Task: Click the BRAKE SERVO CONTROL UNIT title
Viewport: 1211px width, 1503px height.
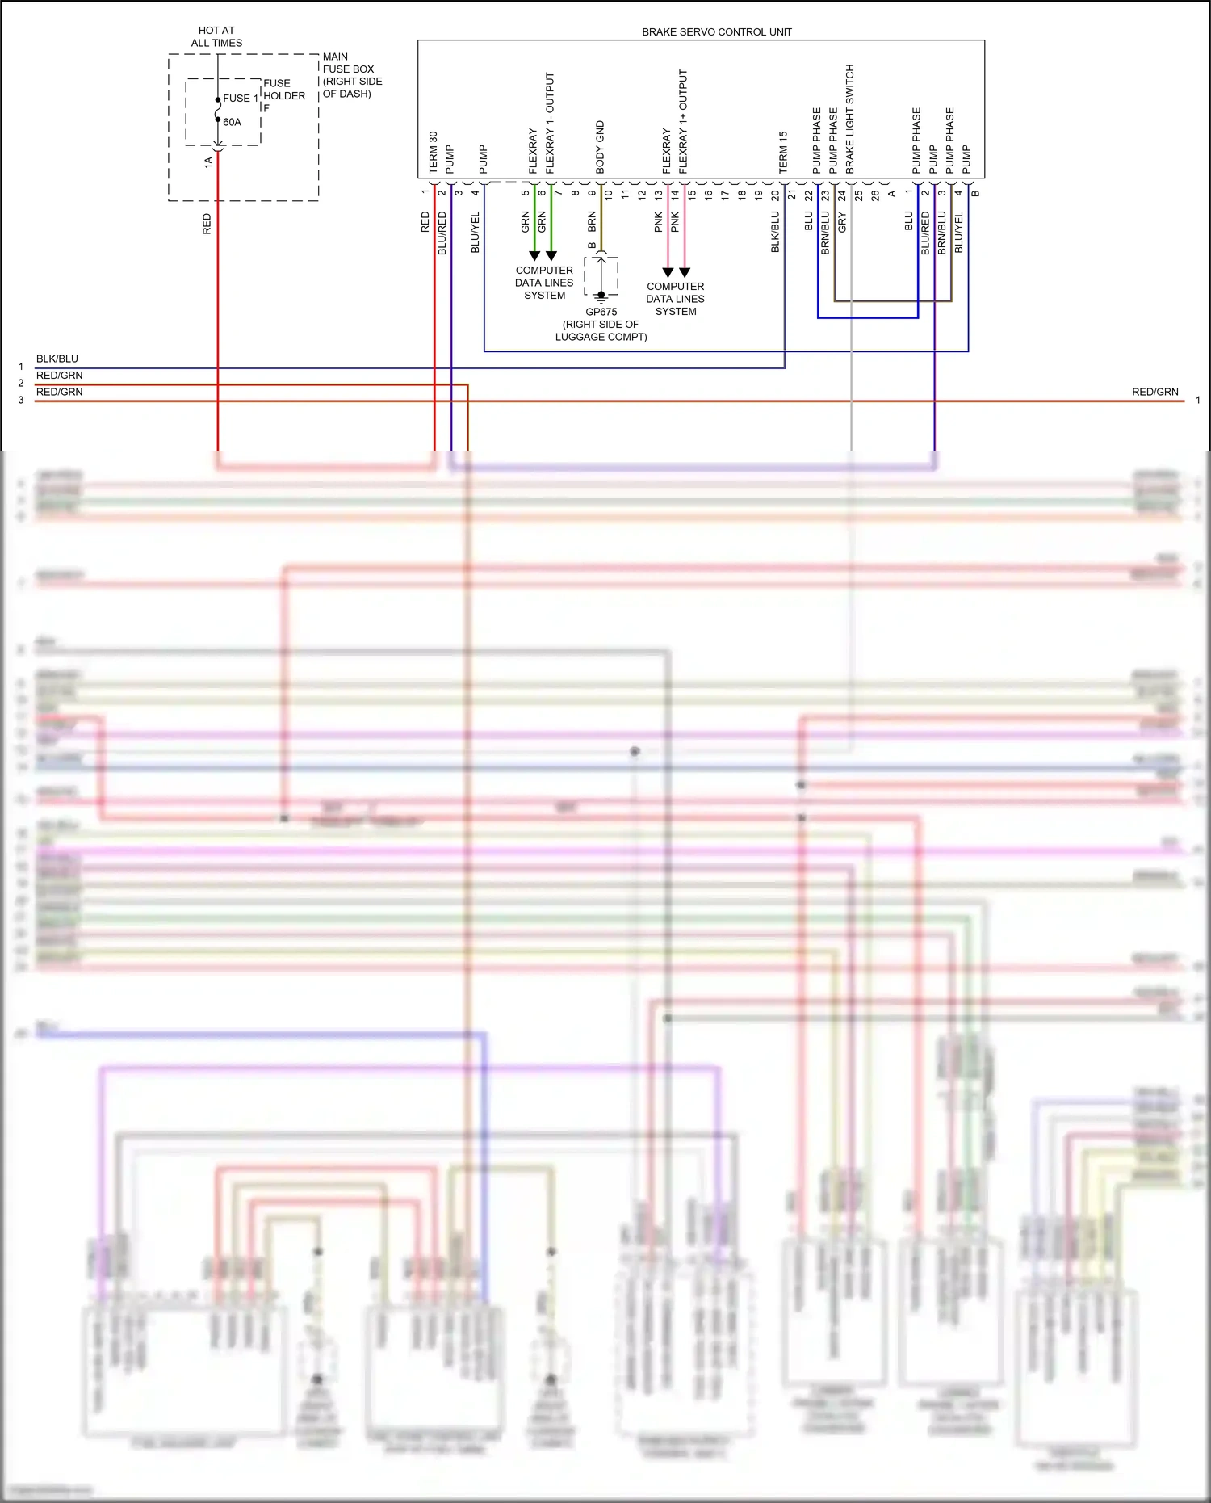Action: pyautogui.click(x=716, y=32)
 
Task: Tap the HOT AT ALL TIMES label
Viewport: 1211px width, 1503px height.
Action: pyautogui.click(x=216, y=36)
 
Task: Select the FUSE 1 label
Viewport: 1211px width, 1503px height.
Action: pyautogui.click(x=240, y=99)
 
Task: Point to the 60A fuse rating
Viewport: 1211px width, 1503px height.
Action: pyautogui.click(x=232, y=122)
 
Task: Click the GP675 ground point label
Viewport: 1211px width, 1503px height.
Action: pyautogui.click(x=601, y=312)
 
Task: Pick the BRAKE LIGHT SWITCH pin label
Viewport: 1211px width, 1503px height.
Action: pyautogui.click(x=849, y=119)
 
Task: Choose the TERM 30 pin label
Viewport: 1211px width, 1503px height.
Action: pyautogui.click(x=433, y=153)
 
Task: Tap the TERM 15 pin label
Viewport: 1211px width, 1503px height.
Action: pyautogui.click(x=782, y=153)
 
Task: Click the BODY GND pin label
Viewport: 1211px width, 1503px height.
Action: pyautogui.click(x=600, y=147)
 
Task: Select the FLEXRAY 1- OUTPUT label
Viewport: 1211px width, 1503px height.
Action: pyautogui.click(x=550, y=123)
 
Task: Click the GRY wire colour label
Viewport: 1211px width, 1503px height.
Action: pyautogui.click(x=842, y=222)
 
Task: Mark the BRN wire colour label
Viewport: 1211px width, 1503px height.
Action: pyautogui.click(x=592, y=222)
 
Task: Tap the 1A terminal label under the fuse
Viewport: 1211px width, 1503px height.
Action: pyautogui.click(x=208, y=162)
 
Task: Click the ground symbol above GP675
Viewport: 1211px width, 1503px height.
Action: pyautogui.click(x=601, y=296)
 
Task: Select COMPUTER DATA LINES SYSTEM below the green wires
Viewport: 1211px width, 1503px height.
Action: pyautogui.click(x=544, y=283)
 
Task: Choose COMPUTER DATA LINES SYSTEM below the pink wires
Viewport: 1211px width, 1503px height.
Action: pyautogui.click(x=675, y=299)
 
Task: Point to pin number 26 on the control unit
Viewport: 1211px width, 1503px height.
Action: pyautogui.click(x=875, y=195)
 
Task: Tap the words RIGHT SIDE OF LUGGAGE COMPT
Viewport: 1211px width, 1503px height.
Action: pyautogui.click(x=601, y=330)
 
